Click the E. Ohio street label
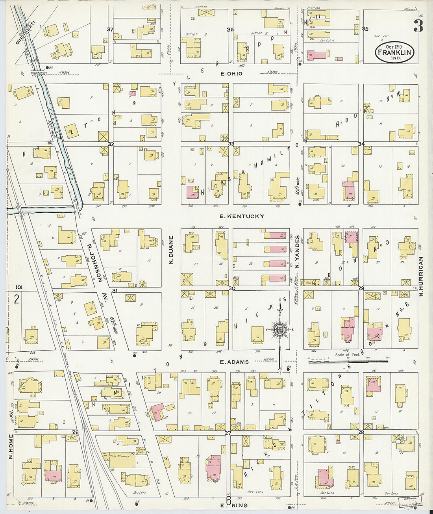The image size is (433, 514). point(231,74)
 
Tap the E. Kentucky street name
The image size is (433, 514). point(242,216)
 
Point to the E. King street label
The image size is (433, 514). point(234,505)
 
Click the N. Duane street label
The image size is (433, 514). point(171,250)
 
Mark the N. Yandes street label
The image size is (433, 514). point(298,252)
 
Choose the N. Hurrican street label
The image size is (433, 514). point(421,276)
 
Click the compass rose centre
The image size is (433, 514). point(280,329)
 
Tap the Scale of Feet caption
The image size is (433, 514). point(348,354)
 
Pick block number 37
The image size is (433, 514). point(110,30)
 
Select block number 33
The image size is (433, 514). point(231,144)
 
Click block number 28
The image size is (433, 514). point(361,433)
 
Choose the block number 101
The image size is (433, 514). point(19,288)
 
